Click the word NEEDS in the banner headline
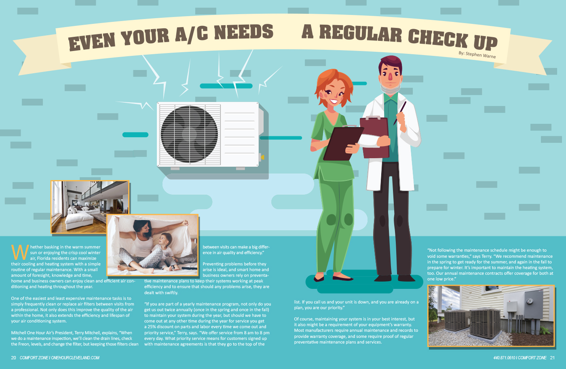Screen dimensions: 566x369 point(244,32)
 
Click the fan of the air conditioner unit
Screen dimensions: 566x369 point(189,134)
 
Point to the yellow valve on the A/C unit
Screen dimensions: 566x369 point(262,157)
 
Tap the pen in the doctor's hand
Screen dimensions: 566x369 point(400,113)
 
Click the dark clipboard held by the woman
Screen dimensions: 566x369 point(343,143)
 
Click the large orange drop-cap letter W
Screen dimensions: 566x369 point(20,252)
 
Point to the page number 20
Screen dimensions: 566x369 point(13,358)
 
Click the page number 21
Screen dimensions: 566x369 point(552,358)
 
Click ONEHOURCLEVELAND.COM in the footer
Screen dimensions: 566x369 point(75,358)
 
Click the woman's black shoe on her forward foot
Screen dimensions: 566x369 point(342,278)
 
